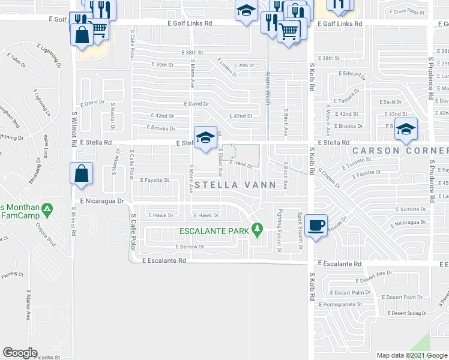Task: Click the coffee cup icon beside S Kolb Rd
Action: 316,225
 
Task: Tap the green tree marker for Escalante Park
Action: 258,229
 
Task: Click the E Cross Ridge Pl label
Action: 406,12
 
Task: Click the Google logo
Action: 20,353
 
